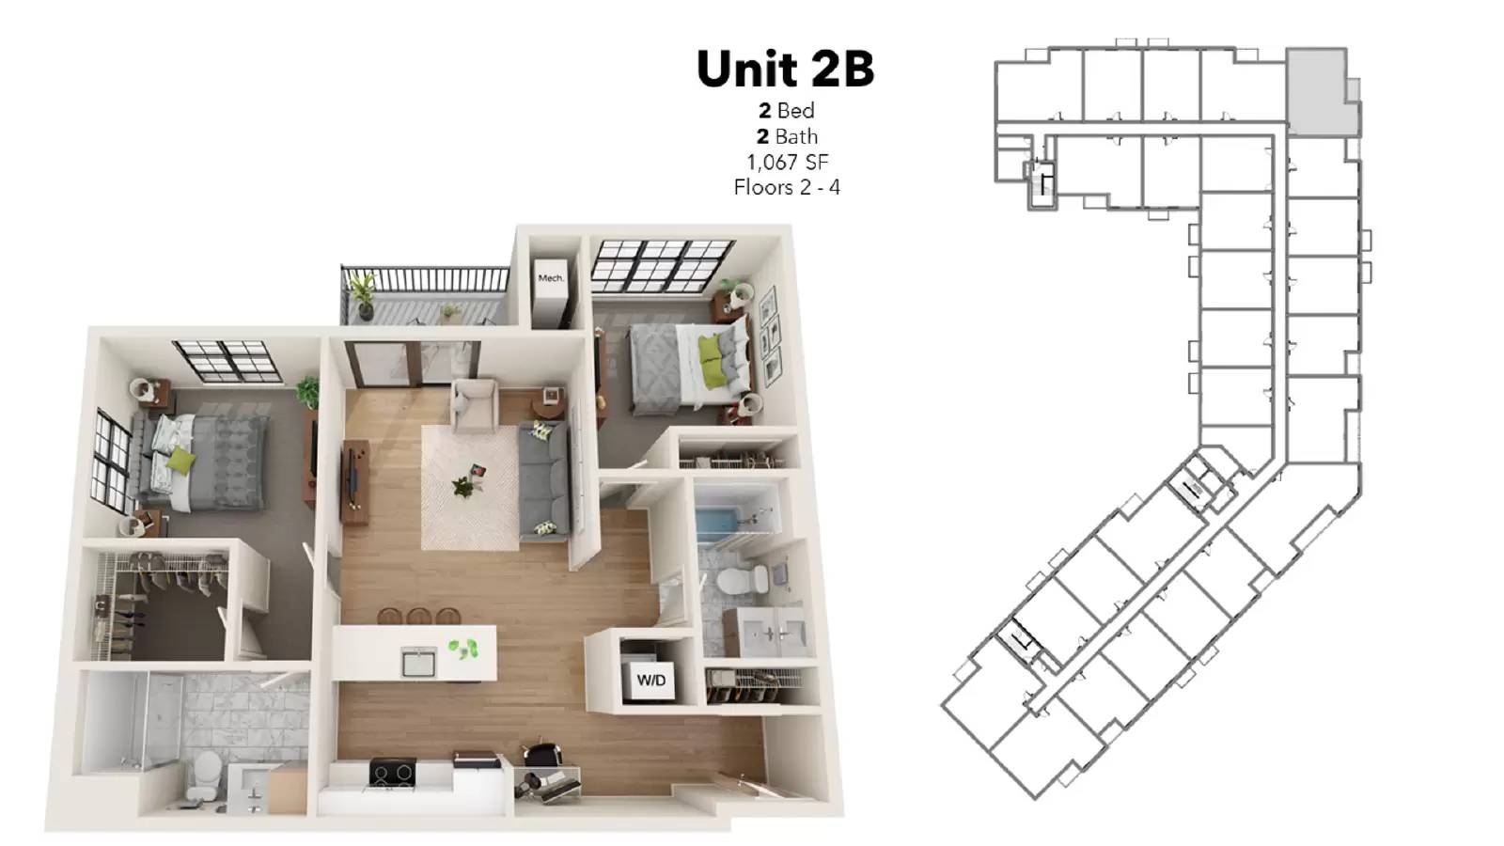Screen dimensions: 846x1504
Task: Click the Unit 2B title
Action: (785, 69)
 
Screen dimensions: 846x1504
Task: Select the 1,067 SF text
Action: (787, 162)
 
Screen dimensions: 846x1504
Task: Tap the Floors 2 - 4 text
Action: (787, 187)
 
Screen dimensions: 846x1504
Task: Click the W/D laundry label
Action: (650, 680)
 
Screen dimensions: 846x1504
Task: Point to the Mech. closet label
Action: (551, 277)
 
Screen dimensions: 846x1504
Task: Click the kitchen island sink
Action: (418, 662)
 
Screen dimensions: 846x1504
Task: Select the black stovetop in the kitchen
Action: (393, 773)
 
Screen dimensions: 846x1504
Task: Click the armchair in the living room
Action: (475, 405)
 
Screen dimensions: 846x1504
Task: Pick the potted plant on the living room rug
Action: (463, 486)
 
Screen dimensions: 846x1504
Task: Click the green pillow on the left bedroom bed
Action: (180, 460)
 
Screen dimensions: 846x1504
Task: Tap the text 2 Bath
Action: (787, 136)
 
